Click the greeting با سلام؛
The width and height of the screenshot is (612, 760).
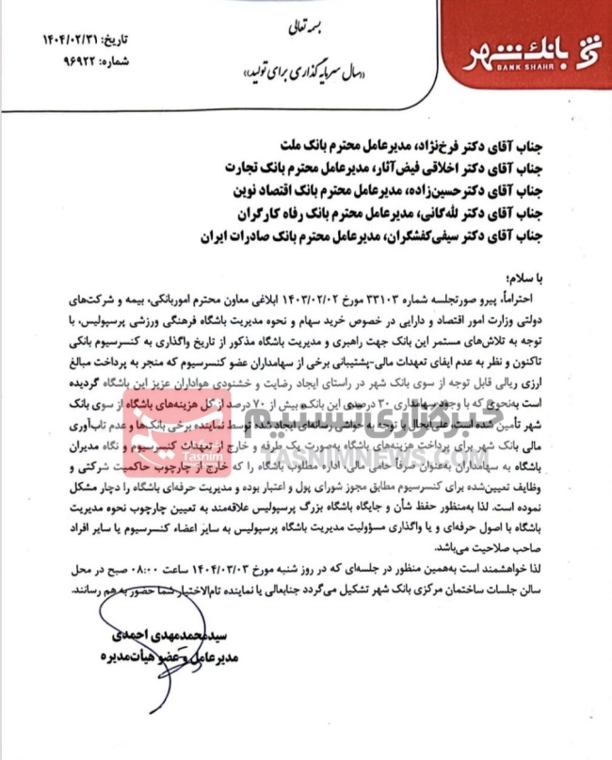540,279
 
